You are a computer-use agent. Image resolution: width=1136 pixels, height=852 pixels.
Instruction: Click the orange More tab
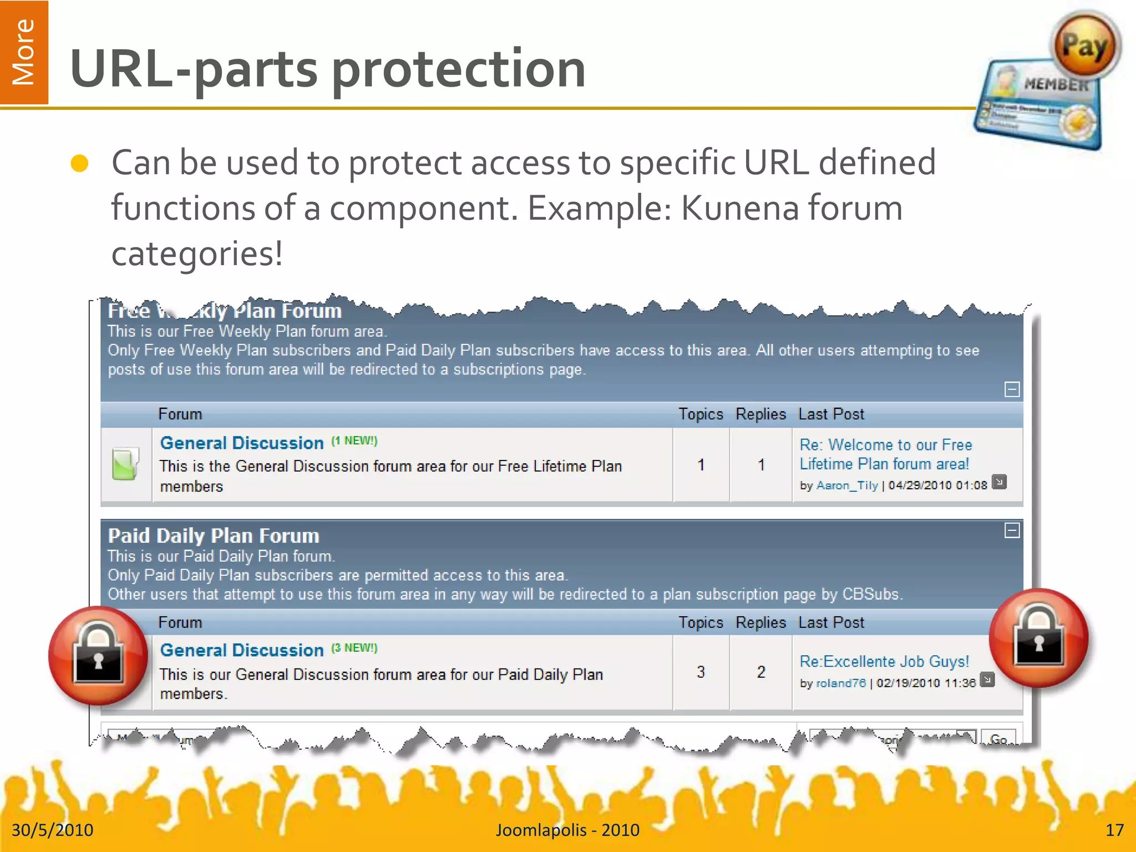(x=24, y=52)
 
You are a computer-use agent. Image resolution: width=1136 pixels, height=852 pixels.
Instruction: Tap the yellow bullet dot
(x=80, y=164)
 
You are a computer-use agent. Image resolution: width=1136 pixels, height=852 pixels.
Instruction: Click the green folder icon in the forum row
(x=125, y=464)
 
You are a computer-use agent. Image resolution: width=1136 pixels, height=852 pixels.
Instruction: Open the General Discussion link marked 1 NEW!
(x=242, y=443)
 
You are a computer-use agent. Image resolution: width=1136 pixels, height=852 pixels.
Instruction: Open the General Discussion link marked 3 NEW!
(x=242, y=651)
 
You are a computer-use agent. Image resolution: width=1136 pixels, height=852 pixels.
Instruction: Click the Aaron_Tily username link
(x=847, y=485)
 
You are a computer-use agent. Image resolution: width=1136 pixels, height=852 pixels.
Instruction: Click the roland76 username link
(x=840, y=683)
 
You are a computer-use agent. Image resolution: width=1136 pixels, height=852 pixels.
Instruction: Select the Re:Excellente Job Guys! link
(x=884, y=662)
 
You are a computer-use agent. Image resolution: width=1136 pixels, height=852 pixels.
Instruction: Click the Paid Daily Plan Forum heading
(x=214, y=536)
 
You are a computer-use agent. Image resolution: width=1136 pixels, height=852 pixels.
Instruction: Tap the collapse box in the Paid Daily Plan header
(x=1012, y=531)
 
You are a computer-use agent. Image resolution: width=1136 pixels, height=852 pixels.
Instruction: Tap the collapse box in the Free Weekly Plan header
(x=1012, y=389)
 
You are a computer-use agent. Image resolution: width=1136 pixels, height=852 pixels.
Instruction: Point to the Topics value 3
(x=701, y=672)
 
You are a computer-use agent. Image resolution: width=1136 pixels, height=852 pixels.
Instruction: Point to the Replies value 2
(x=761, y=672)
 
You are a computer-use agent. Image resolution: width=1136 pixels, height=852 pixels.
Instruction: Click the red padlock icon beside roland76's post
(x=1038, y=638)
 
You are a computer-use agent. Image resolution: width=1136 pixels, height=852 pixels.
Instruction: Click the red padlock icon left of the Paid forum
(x=98, y=656)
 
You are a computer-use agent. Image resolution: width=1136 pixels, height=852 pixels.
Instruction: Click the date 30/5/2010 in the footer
(x=53, y=830)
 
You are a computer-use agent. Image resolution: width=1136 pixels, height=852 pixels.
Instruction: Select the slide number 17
(x=1114, y=830)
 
